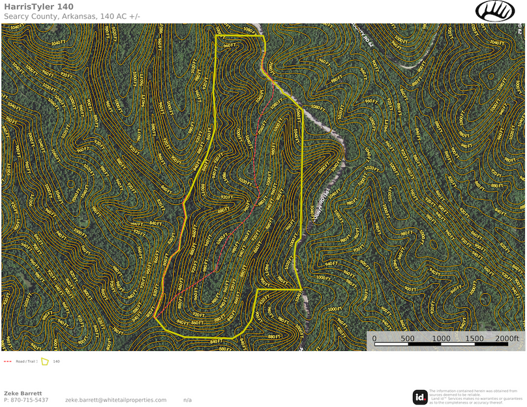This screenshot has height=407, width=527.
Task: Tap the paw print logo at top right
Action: pos(495,10)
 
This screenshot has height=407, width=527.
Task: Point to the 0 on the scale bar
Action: pos(374,339)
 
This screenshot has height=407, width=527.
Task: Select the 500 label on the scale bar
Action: pos(408,339)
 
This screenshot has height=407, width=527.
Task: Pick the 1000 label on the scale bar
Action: pos(441,339)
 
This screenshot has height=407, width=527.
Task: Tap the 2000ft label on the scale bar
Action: pos(507,339)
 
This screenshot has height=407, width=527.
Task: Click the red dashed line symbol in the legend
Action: pos(8,361)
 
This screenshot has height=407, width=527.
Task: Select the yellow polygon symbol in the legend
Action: pos(45,361)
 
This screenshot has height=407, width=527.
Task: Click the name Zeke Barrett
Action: pos(23,393)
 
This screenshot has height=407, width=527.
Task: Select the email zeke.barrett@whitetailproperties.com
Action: pos(115,400)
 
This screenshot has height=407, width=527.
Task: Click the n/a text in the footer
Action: pos(187,400)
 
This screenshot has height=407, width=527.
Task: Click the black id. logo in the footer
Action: pos(420,397)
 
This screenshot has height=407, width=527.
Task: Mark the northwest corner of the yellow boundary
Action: pos(217,36)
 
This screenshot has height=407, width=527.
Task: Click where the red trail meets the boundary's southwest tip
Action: pos(156,317)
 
